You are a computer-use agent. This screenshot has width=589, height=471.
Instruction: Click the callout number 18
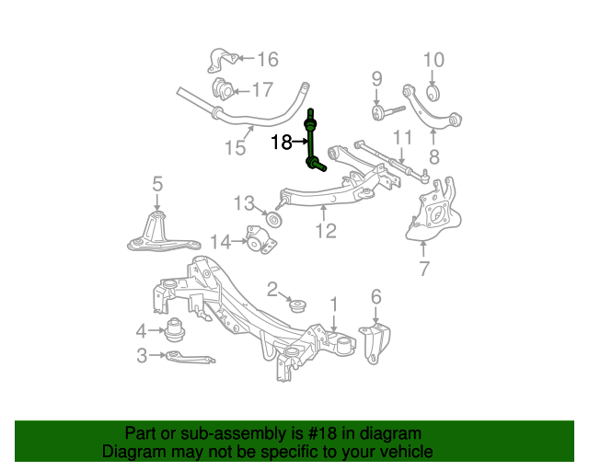pyautogui.click(x=281, y=142)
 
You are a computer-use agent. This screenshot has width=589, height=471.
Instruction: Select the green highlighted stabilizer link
pyautogui.click(x=312, y=143)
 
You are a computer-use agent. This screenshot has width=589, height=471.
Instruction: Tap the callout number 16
pyautogui.click(x=267, y=60)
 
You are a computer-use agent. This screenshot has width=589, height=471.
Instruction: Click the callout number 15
pyautogui.click(x=235, y=147)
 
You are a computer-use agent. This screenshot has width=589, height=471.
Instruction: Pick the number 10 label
pyautogui.click(x=433, y=61)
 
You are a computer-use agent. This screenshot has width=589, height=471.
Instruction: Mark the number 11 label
pyautogui.click(x=402, y=139)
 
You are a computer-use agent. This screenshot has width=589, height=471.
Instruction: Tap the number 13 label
pyautogui.click(x=243, y=202)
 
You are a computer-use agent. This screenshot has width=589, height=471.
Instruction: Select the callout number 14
pyautogui.click(x=219, y=242)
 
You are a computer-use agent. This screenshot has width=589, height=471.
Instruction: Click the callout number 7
pyautogui.click(x=423, y=269)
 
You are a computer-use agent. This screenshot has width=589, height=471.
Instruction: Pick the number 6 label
pyautogui.click(x=375, y=296)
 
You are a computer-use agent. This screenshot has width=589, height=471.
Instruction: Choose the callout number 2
pyautogui.click(x=272, y=290)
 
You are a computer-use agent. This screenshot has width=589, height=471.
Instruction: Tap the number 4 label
pyautogui.click(x=141, y=330)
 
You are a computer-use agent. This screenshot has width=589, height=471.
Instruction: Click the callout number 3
pyautogui.click(x=141, y=355)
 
